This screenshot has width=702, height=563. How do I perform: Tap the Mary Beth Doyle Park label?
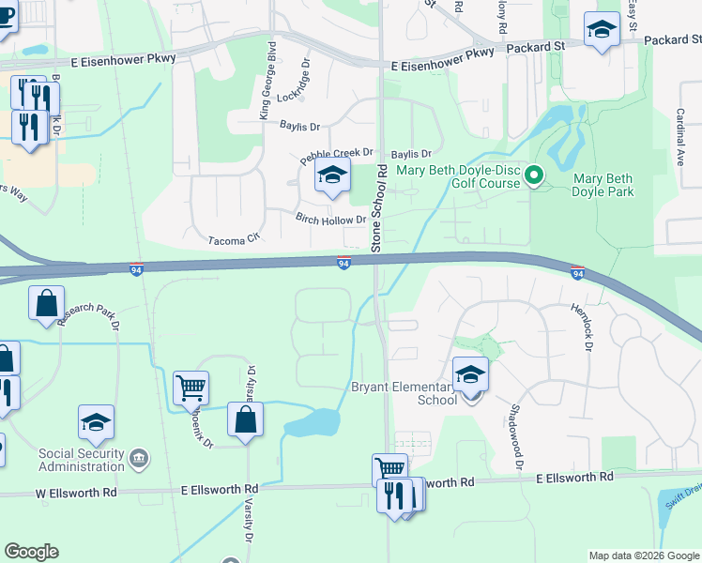[x=603, y=185]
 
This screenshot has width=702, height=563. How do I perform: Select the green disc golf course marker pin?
[x=534, y=175]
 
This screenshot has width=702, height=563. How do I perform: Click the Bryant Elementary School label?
[x=404, y=393]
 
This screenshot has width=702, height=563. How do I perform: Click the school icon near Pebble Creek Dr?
[x=331, y=175]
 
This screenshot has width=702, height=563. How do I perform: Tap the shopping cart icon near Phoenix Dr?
[x=191, y=387]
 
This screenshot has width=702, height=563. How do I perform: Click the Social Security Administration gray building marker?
[x=139, y=459]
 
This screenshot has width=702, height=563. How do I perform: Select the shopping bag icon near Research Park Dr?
[x=46, y=303]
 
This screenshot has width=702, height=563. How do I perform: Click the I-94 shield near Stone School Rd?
[x=344, y=264]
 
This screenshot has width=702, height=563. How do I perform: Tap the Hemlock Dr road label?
[x=582, y=327]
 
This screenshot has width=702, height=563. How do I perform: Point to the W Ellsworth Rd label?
[x=76, y=492]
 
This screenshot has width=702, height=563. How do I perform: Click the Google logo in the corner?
[x=32, y=552]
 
